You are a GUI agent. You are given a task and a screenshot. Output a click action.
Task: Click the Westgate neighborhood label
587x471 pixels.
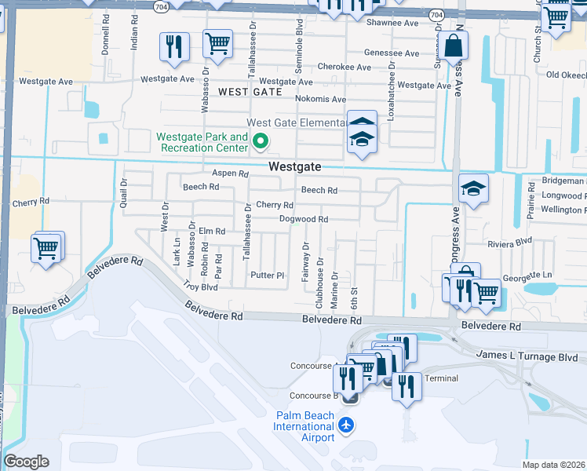(x=295, y=166)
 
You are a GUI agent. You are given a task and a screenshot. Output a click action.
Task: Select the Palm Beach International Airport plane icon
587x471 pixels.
(x=346, y=425)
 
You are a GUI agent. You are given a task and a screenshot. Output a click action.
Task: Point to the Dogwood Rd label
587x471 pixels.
(x=304, y=219)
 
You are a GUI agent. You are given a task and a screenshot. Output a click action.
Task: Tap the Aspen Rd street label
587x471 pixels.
(x=230, y=173)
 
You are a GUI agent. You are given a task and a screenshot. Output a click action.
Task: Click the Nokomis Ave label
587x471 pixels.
(x=320, y=99)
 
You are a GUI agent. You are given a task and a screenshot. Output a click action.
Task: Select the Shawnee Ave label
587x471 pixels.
(x=392, y=23)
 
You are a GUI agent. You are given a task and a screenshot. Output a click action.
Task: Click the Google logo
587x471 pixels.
(x=26, y=462)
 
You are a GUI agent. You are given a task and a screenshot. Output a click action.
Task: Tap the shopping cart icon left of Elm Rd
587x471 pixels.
(x=46, y=249)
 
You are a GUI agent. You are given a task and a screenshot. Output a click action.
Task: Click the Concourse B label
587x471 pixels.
(x=313, y=396)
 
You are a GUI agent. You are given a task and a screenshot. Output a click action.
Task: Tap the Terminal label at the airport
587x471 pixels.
(x=440, y=378)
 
